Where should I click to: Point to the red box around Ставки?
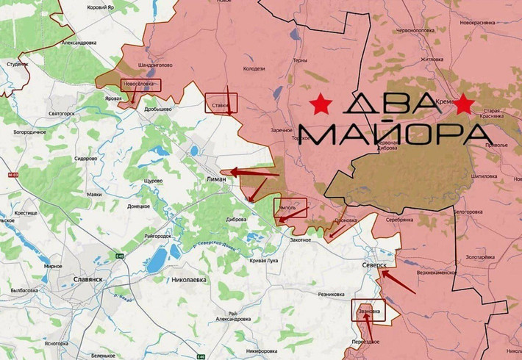220,103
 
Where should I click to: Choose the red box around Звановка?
368,310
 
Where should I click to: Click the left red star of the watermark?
321,106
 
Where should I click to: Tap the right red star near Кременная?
463,106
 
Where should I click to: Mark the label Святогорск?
62,114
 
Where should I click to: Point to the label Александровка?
79,43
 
